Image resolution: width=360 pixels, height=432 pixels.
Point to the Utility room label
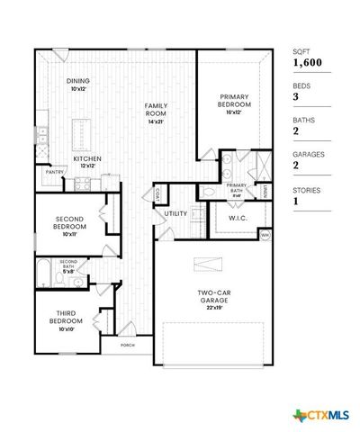(x=175, y=213)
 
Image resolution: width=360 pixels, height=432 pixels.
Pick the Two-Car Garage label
(x=214, y=298)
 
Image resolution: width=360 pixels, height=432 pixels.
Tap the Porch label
(x=115, y=343)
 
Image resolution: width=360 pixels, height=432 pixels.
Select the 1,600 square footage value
(x=307, y=63)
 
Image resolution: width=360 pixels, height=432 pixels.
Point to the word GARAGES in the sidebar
(x=308, y=154)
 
